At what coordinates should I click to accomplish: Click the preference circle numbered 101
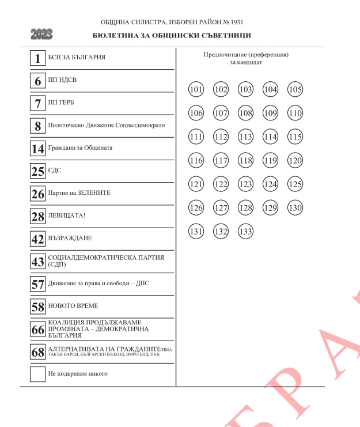pyautogui.click(x=196, y=89)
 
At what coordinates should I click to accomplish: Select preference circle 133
pyautogui.click(x=246, y=232)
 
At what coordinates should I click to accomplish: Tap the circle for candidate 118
pyautogui.click(x=246, y=161)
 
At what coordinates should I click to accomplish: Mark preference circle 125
pyautogui.click(x=295, y=184)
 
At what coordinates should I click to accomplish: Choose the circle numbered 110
pyautogui.click(x=295, y=113)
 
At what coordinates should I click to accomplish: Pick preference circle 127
pyautogui.click(x=221, y=208)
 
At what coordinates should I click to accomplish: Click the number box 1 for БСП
pyautogui.click(x=38, y=58)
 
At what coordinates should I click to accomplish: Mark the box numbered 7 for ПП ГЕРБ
pyautogui.click(x=38, y=103)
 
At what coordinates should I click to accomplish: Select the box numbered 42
pyautogui.click(x=38, y=239)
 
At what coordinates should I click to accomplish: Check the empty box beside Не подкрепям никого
pyautogui.click(x=38, y=374)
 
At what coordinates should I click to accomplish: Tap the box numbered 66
pyautogui.click(x=38, y=329)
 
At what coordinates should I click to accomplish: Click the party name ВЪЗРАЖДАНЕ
pyautogui.click(x=70, y=238)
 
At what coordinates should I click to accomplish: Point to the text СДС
pyautogui.click(x=55, y=171)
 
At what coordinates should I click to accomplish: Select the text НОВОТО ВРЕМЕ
pyautogui.click(x=73, y=306)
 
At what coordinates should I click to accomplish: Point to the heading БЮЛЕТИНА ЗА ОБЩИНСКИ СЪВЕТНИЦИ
pyautogui.click(x=172, y=36)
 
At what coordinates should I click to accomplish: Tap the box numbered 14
pyautogui.click(x=38, y=149)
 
